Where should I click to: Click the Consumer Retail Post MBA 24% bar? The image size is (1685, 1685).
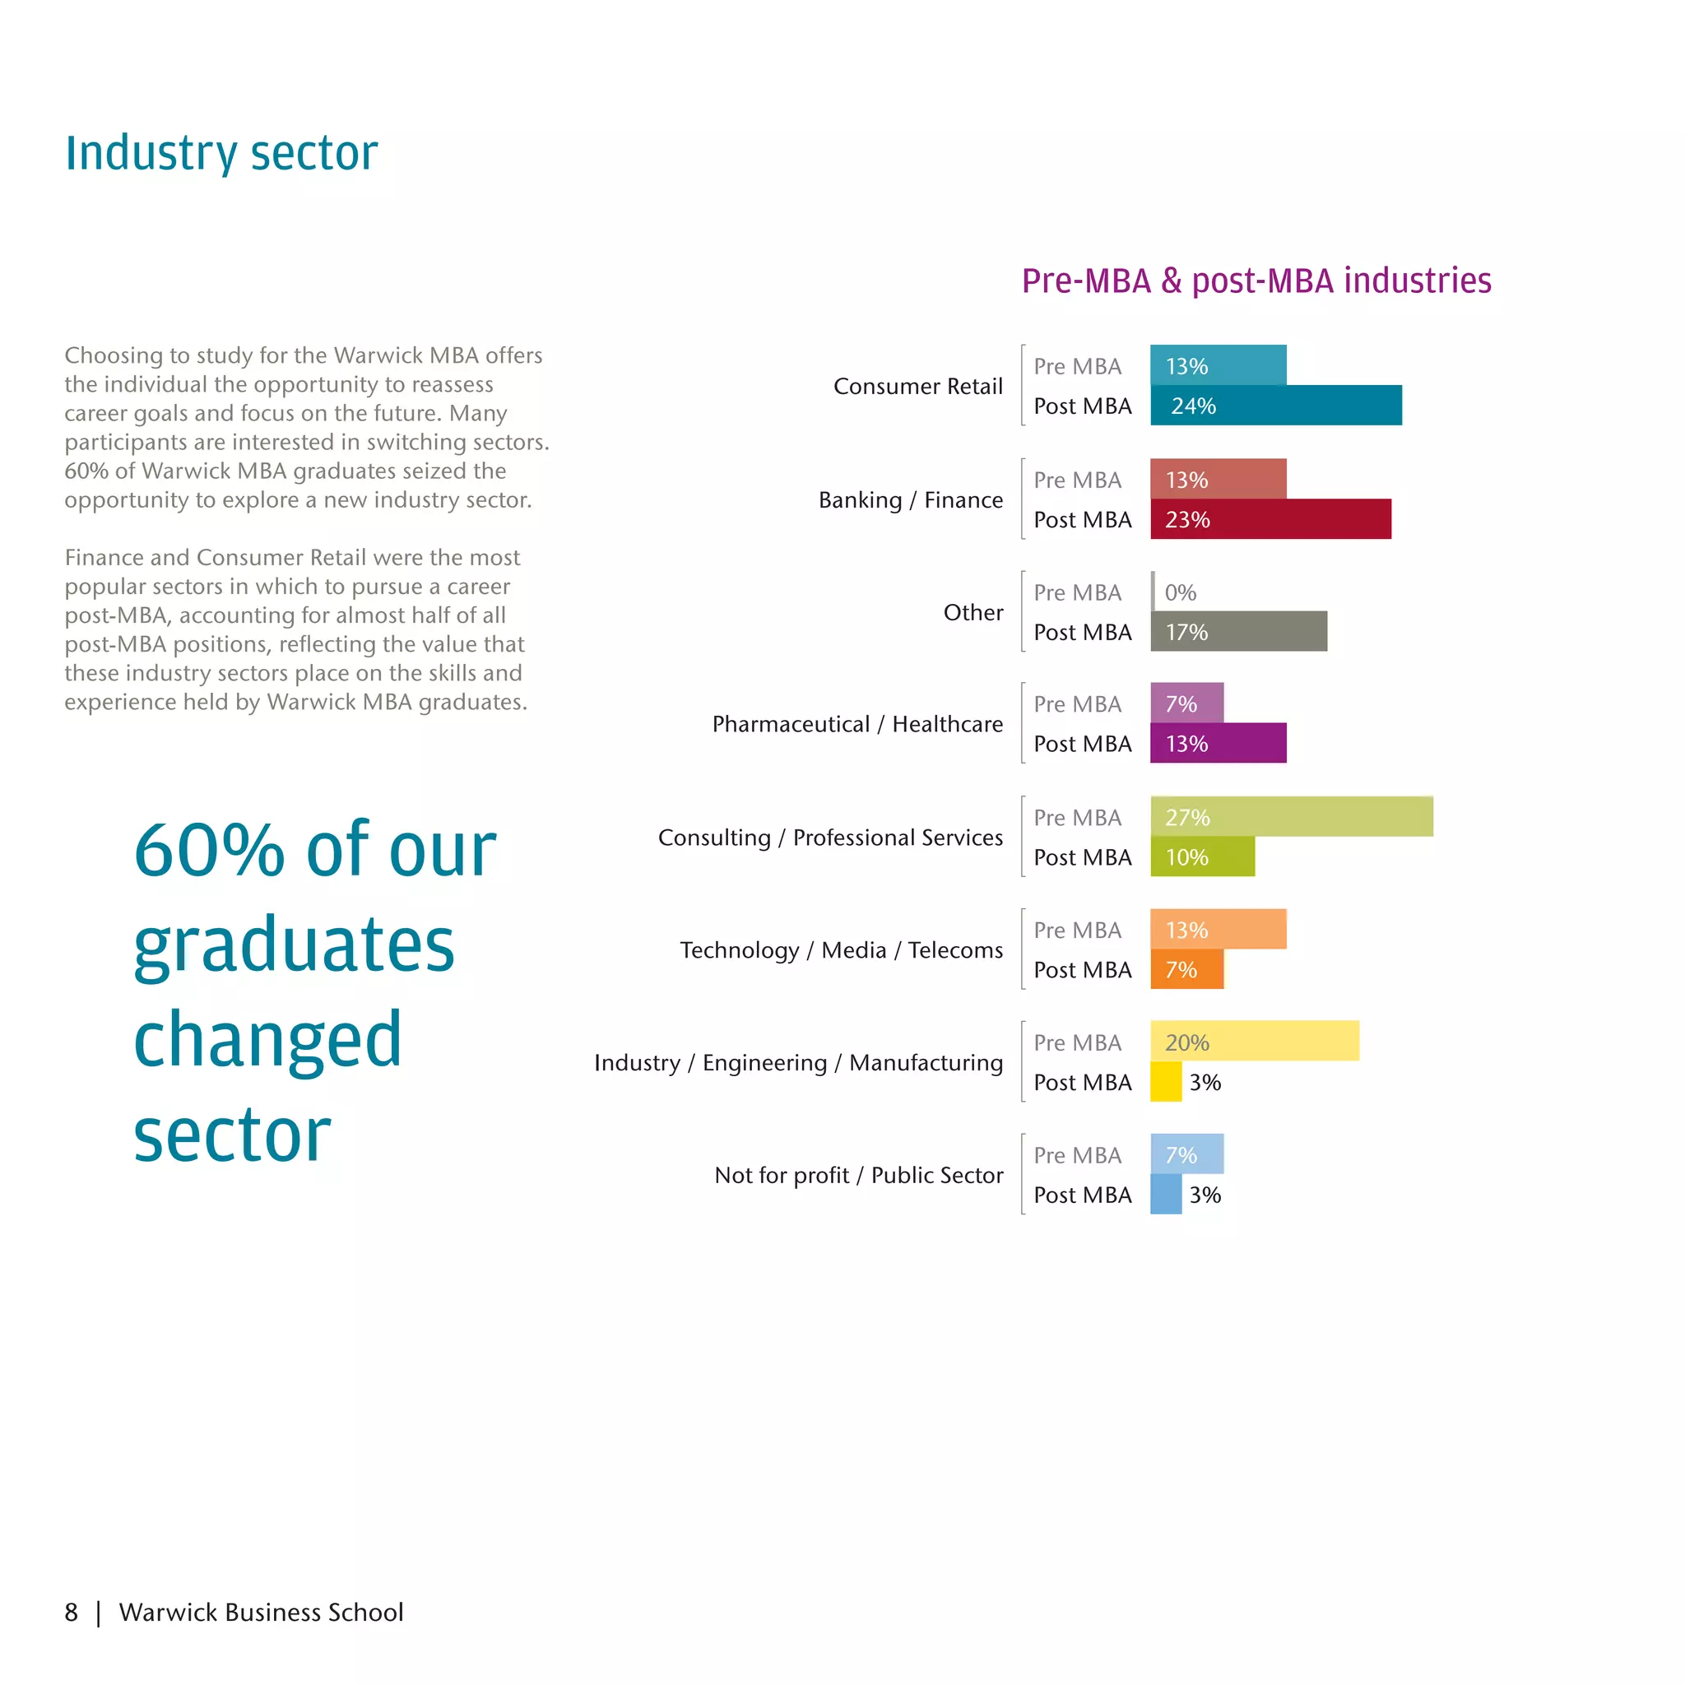point(1275,406)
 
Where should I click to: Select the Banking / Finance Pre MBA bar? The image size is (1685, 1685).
point(1218,479)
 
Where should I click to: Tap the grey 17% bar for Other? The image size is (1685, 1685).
point(1238,631)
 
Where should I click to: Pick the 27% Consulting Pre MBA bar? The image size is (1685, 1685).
point(1291,816)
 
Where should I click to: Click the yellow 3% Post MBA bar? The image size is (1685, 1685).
point(1166,1081)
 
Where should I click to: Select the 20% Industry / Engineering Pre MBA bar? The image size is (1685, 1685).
point(1254,1042)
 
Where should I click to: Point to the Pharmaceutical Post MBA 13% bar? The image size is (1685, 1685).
point(1218,743)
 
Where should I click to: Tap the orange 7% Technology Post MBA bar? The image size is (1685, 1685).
point(1186,969)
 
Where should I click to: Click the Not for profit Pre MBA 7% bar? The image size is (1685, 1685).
point(1186,1154)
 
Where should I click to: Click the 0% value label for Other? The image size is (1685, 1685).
point(1180,592)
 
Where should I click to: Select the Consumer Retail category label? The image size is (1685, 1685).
point(917,387)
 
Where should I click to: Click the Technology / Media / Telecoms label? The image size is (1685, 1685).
point(841,949)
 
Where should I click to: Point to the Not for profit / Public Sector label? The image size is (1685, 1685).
point(858,1175)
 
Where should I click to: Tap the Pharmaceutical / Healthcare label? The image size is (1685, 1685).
point(856,724)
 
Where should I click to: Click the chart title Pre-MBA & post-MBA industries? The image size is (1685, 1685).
point(1256,281)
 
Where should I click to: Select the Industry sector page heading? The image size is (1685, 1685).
point(221,153)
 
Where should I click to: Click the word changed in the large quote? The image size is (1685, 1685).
point(267,1039)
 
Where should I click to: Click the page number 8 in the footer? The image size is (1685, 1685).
point(72,1612)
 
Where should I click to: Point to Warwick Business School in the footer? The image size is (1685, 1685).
point(261,1612)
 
